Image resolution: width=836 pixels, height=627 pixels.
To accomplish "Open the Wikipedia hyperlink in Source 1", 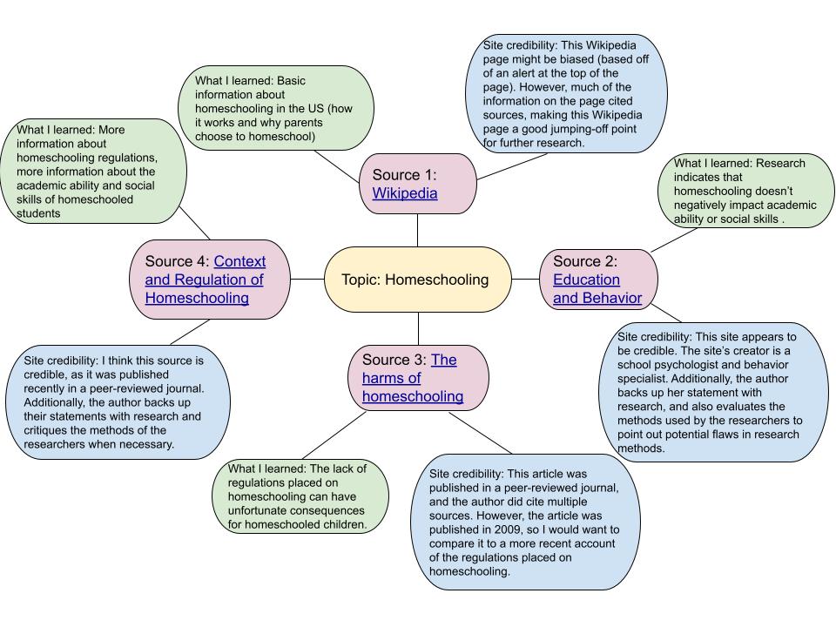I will click(x=405, y=193).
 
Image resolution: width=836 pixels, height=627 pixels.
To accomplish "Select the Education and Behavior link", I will click(x=597, y=289).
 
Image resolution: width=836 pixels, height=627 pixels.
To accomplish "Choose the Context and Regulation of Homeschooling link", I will click(x=206, y=280).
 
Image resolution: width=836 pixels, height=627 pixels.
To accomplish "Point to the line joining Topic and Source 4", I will click(x=307, y=280).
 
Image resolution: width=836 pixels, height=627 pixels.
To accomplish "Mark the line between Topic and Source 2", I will click(x=525, y=280).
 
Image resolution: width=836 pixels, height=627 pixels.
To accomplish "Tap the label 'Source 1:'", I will click(x=404, y=174).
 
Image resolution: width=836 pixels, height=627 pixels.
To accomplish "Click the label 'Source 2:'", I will click(x=585, y=261).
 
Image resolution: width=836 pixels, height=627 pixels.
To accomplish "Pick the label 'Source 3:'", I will click(x=394, y=360).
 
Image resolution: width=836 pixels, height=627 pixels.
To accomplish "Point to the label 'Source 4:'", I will click(x=178, y=261).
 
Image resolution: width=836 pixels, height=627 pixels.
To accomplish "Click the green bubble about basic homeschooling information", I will click(x=276, y=109).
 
